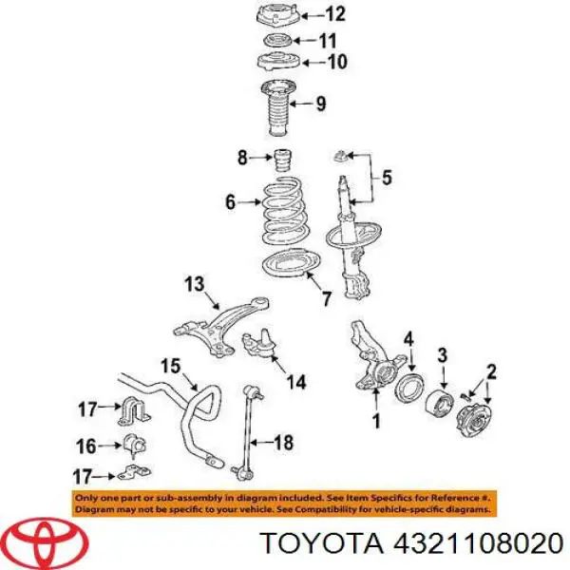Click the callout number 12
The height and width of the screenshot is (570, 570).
click(x=334, y=15)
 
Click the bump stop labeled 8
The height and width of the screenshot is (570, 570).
click(x=282, y=161)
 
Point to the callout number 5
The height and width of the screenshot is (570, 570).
click(x=387, y=178)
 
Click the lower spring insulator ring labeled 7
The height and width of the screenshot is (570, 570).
click(x=291, y=263)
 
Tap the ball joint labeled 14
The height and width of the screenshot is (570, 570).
click(x=260, y=343)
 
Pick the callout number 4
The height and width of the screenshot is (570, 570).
click(x=408, y=339)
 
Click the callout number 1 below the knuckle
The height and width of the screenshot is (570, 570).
click(x=376, y=421)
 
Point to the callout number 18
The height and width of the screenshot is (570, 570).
click(x=283, y=443)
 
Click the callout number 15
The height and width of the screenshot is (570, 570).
click(x=170, y=366)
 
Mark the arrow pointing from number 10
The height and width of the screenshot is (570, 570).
click(x=313, y=63)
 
